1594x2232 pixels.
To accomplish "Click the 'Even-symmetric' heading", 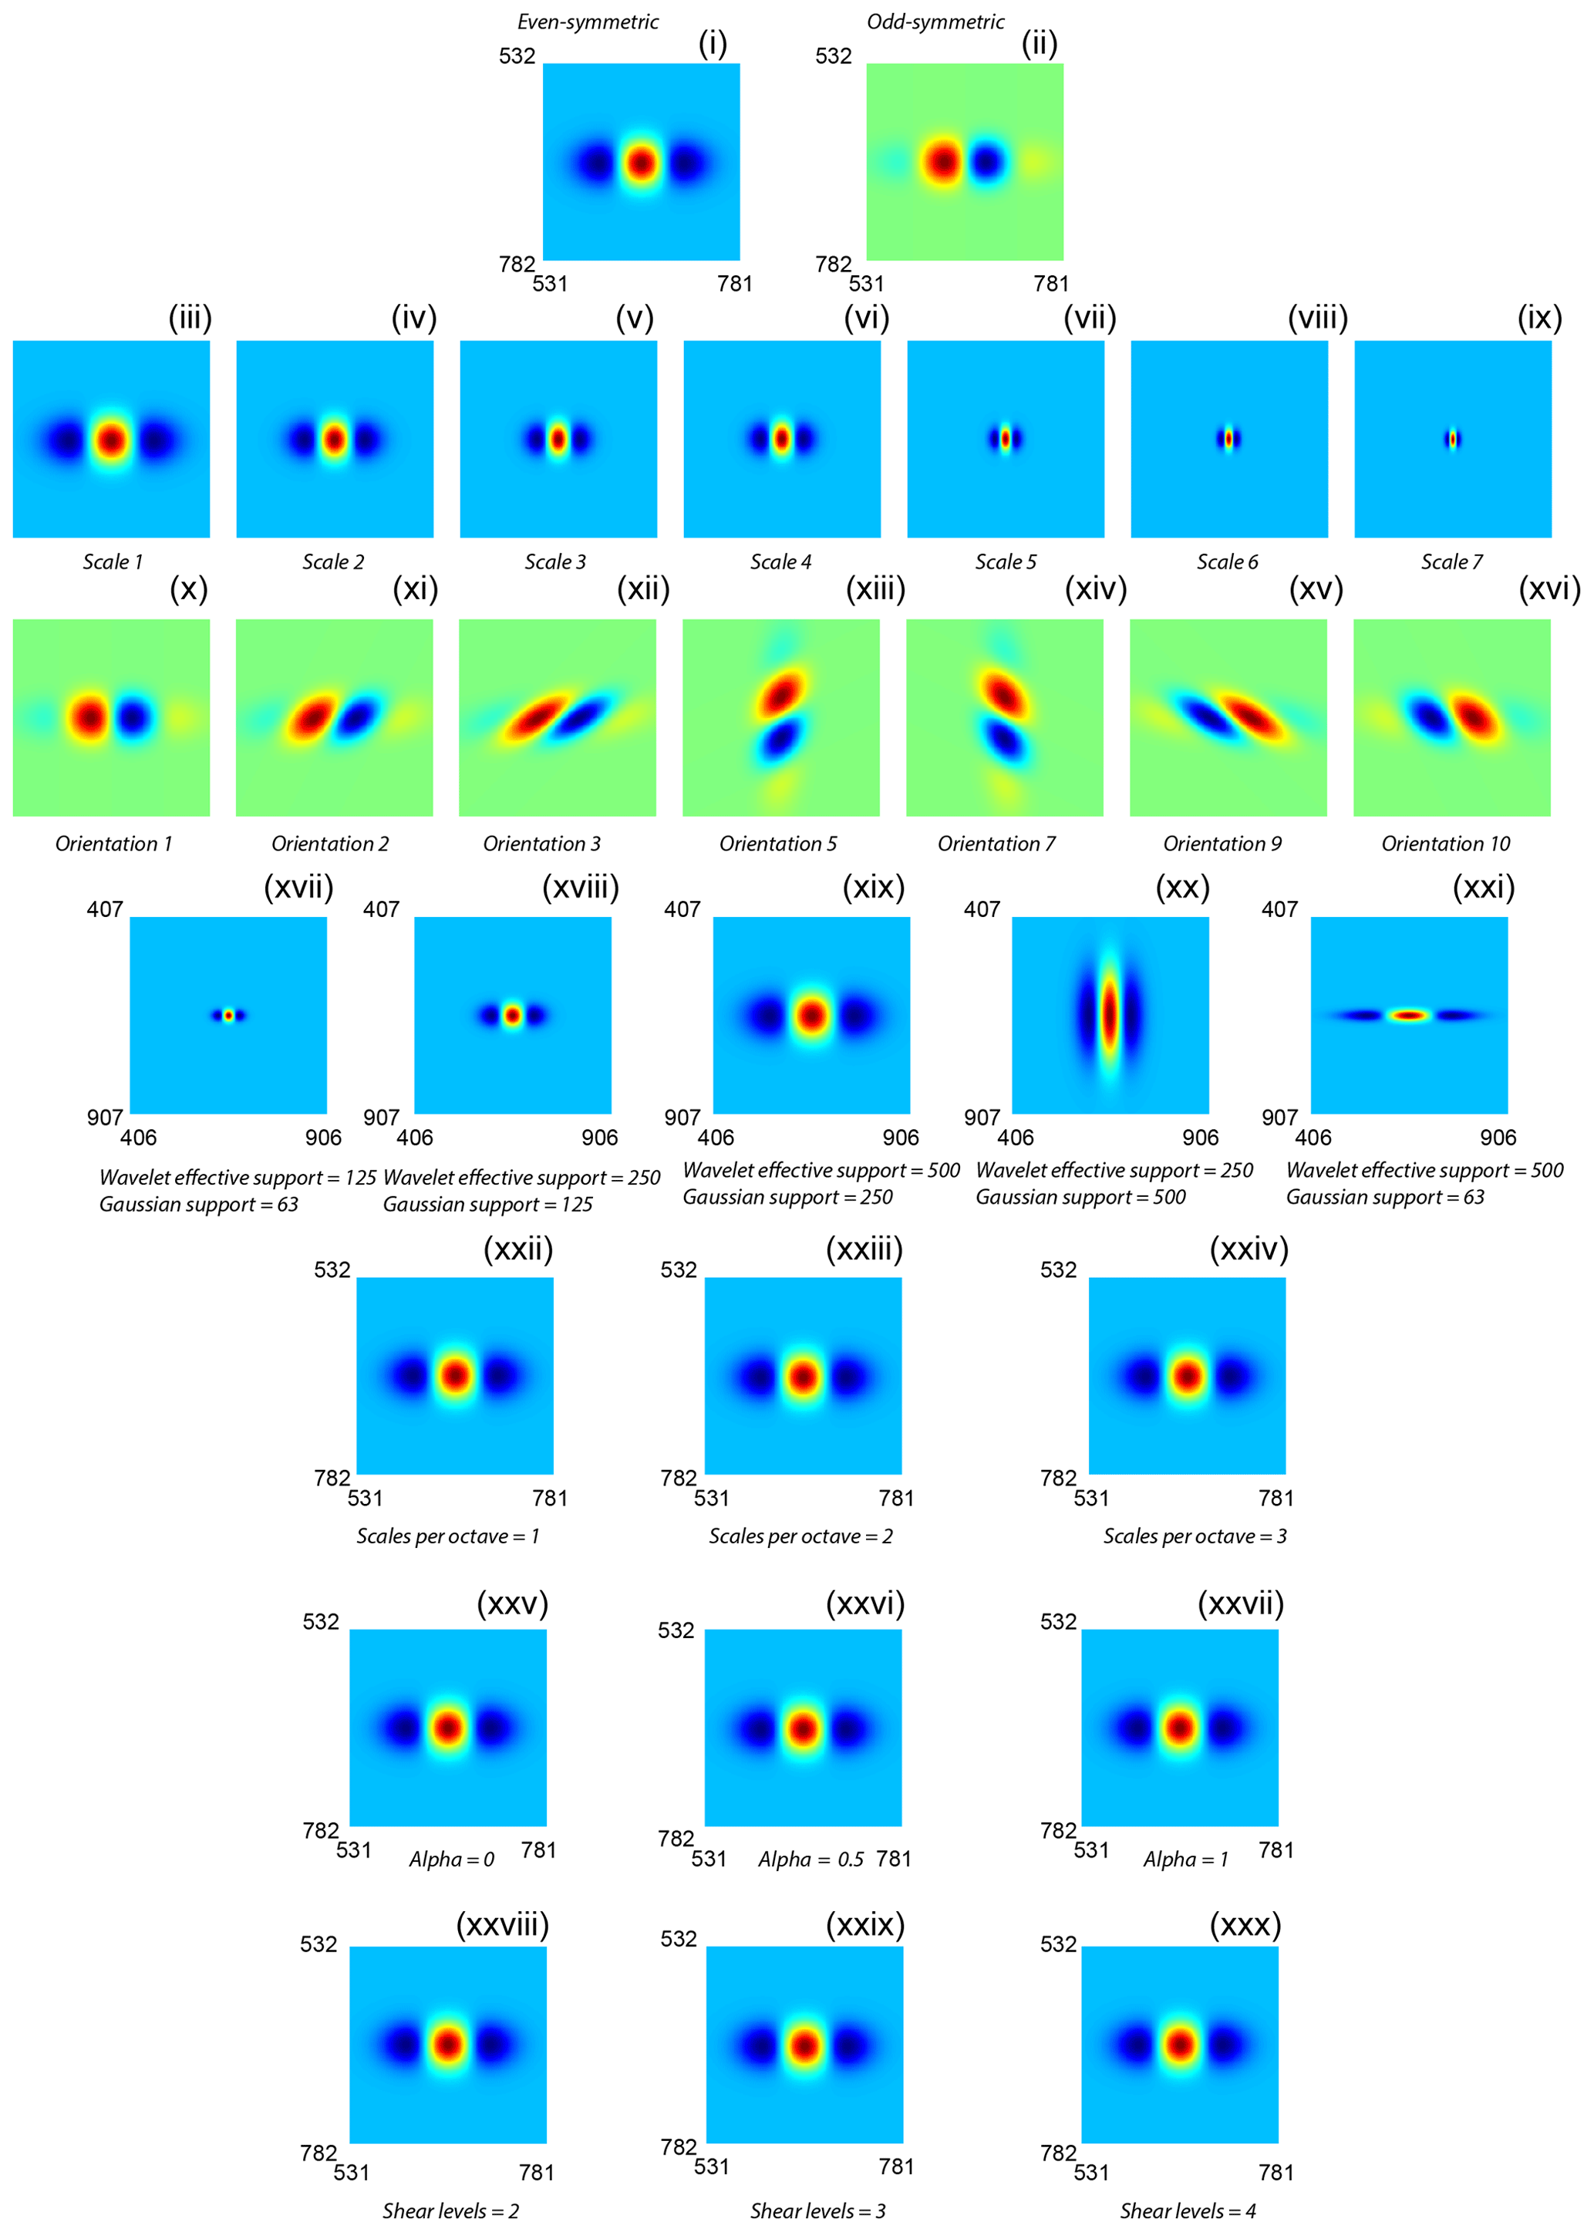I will (587, 22).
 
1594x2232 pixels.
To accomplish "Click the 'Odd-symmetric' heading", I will (935, 22).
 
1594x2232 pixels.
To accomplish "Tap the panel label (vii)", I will (1090, 317).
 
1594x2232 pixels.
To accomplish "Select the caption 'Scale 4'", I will (780, 561).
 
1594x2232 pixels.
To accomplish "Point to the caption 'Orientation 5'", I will (777, 843).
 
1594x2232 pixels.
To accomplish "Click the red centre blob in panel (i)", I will (641, 163).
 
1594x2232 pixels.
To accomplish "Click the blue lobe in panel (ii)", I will (986, 162).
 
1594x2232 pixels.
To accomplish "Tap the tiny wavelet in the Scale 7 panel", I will (1453, 439).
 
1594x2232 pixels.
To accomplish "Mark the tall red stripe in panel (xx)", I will (1109, 1015).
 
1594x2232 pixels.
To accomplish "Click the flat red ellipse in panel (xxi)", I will (1410, 1015).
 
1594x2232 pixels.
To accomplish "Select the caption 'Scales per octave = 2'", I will (801, 1536).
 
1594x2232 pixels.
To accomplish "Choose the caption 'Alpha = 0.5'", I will (810, 1859).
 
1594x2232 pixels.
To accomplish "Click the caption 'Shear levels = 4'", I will (1188, 2210).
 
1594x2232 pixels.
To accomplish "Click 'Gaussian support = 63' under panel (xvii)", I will (198, 1205).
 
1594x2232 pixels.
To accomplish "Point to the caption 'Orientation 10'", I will (1445, 843).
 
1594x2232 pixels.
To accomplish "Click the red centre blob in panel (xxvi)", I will (803, 1728).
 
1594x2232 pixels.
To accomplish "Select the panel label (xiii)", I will (875, 589).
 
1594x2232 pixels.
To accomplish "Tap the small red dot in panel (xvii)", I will (227, 1015).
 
